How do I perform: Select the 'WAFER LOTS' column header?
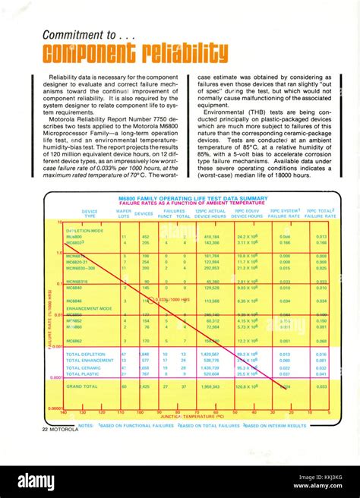pyautogui.click(x=112, y=213)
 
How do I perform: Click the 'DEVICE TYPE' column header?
pyautogui.click(x=90, y=213)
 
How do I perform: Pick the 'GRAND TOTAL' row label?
pyautogui.click(x=84, y=386)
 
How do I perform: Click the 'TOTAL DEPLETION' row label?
pyautogui.click(x=86, y=354)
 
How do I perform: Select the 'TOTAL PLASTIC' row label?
pyautogui.click(x=82, y=373)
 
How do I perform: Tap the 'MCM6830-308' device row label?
pyautogui.click(x=81, y=268)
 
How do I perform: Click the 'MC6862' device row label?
pyautogui.click(x=74, y=342)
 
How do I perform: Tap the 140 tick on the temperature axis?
pyautogui.click(x=63, y=411)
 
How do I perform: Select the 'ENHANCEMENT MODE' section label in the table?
pyautogui.click(x=89, y=309)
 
